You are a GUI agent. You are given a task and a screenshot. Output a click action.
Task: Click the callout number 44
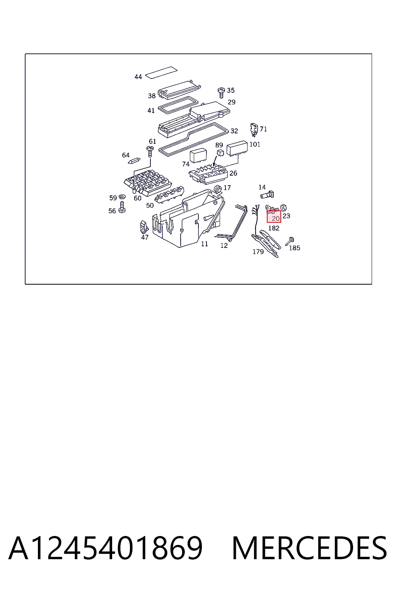(x=138, y=77)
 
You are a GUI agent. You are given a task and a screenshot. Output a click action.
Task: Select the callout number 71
(x=263, y=129)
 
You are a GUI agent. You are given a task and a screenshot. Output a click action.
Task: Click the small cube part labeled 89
(x=220, y=153)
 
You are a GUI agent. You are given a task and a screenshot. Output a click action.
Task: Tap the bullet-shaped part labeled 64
(x=134, y=161)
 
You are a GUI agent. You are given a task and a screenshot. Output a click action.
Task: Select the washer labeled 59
(x=122, y=197)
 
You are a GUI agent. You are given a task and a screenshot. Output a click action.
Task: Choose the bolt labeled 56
(x=122, y=207)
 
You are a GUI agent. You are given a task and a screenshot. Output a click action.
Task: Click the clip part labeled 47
(x=144, y=227)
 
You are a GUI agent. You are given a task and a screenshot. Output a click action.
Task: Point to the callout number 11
(x=205, y=244)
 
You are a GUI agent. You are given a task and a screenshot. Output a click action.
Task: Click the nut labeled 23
(x=283, y=207)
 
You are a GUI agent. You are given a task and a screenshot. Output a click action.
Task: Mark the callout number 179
(x=258, y=252)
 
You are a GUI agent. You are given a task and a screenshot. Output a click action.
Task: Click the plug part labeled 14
(x=267, y=195)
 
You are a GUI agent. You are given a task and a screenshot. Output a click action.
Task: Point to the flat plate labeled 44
(x=161, y=73)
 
